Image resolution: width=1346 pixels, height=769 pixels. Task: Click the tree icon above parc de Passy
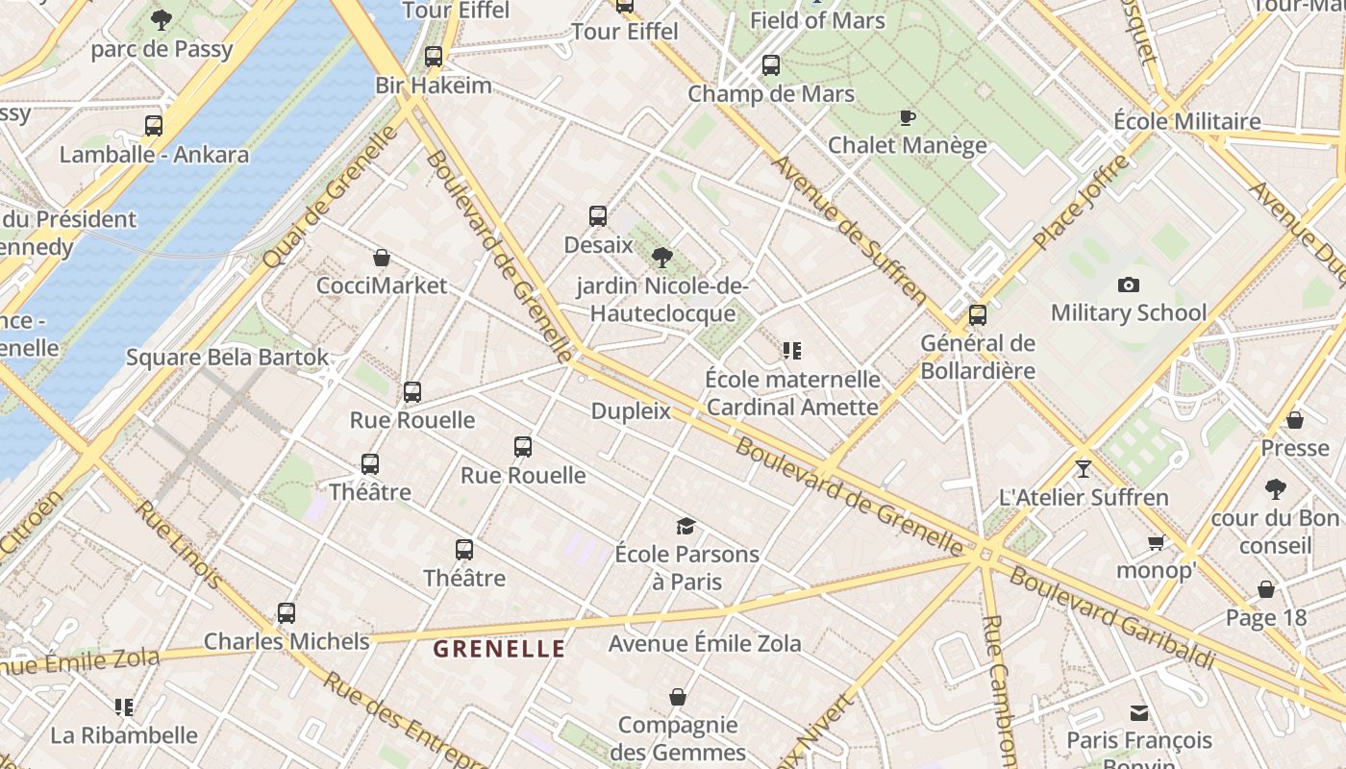tap(162, 19)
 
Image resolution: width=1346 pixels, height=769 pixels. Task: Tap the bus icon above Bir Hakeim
tap(434, 56)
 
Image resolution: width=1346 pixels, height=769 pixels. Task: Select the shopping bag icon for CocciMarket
tap(382, 258)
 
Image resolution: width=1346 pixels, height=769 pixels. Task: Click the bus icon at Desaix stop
tap(598, 216)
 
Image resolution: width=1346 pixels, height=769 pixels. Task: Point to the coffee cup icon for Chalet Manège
tap(907, 117)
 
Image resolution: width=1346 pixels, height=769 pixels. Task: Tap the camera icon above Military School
tap(1129, 285)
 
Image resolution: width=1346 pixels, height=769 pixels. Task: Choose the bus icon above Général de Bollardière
tap(978, 314)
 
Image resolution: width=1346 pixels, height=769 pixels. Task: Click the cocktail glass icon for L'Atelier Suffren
tap(1084, 469)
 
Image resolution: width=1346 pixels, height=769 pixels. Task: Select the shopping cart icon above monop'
tap(1157, 543)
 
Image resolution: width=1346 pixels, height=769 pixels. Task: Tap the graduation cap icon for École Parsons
tap(685, 526)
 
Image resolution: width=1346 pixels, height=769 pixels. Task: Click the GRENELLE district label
tap(499, 649)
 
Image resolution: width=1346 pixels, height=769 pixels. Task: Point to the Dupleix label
tap(631, 411)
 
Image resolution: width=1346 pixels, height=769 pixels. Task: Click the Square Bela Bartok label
tap(228, 358)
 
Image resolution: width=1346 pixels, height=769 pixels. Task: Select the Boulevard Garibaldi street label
tap(1110, 618)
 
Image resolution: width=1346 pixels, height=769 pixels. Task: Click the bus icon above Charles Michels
tap(286, 613)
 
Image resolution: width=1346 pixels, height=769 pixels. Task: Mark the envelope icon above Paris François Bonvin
tap(1139, 713)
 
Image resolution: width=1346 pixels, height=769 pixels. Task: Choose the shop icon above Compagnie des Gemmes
tap(678, 697)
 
